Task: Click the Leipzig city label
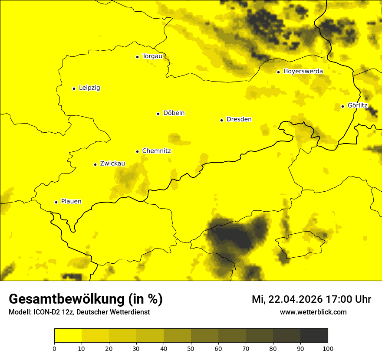coord(89,88)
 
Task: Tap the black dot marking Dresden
coord(221,120)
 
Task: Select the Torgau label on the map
coord(152,56)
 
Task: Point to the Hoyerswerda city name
coord(303,72)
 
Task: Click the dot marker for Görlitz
coord(342,106)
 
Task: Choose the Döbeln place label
coord(174,113)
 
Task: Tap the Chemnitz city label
coord(156,151)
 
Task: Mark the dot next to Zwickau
coord(95,164)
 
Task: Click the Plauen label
coord(71,202)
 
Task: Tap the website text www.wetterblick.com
coord(313,312)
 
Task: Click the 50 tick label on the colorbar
coord(191,348)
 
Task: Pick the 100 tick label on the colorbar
coord(328,348)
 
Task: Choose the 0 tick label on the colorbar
coord(54,348)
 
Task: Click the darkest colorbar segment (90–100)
coord(314,336)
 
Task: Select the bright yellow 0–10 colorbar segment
coord(68,336)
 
